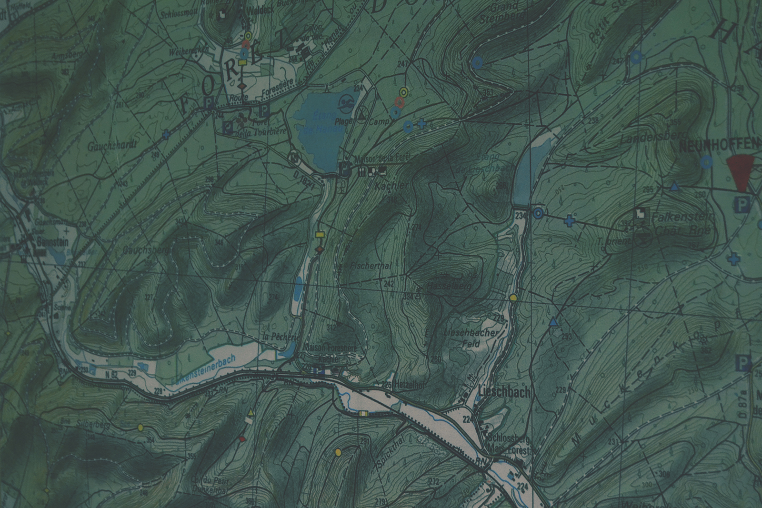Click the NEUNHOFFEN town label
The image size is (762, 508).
(x=719, y=144)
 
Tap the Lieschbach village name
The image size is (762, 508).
(x=503, y=392)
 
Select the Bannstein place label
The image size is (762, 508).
(x=52, y=242)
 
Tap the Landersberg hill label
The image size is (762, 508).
(x=648, y=137)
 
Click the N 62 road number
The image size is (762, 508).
(x=111, y=374)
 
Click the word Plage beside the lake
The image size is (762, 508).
(x=343, y=121)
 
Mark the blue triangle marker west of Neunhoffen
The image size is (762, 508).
(x=674, y=187)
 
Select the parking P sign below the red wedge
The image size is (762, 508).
(x=742, y=204)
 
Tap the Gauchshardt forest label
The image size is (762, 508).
(x=112, y=146)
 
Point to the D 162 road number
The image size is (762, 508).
(x=305, y=180)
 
